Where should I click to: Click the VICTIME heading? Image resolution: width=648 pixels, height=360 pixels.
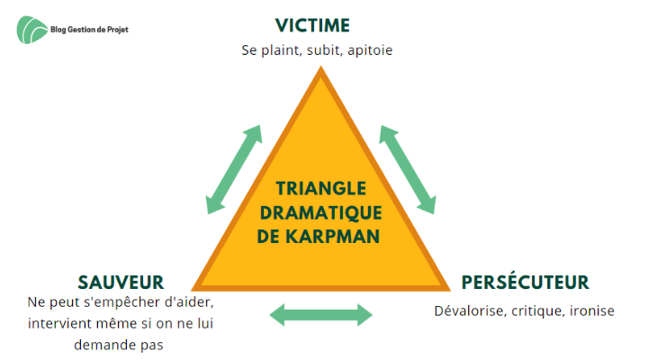pyautogui.click(x=312, y=25)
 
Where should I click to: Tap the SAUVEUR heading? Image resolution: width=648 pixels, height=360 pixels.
pyautogui.click(x=121, y=283)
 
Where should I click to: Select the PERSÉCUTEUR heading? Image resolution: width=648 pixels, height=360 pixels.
pyautogui.click(x=525, y=282)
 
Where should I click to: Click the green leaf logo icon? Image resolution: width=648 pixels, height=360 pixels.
pyautogui.click(x=32, y=30)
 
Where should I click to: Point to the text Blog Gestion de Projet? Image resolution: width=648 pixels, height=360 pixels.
pyautogui.click(x=89, y=30)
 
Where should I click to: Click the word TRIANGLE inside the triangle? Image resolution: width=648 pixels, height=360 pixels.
pyautogui.click(x=321, y=188)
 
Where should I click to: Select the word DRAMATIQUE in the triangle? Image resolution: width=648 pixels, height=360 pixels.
pyautogui.click(x=320, y=213)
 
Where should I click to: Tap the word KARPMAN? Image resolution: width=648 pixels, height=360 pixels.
pyautogui.click(x=332, y=237)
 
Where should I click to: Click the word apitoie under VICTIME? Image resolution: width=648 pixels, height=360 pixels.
pyautogui.click(x=370, y=50)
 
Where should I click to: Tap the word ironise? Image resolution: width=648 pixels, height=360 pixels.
pyautogui.click(x=592, y=310)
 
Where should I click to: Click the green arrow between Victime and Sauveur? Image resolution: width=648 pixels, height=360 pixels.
pyautogui.click(x=234, y=169)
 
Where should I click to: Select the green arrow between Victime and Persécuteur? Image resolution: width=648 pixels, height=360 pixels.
pyautogui.click(x=408, y=169)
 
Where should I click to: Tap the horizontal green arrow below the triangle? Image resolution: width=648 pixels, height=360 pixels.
pyautogui.click(x=320, y=315)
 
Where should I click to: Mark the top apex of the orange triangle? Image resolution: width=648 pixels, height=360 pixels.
pyautogui.click(x=320, y=67)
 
